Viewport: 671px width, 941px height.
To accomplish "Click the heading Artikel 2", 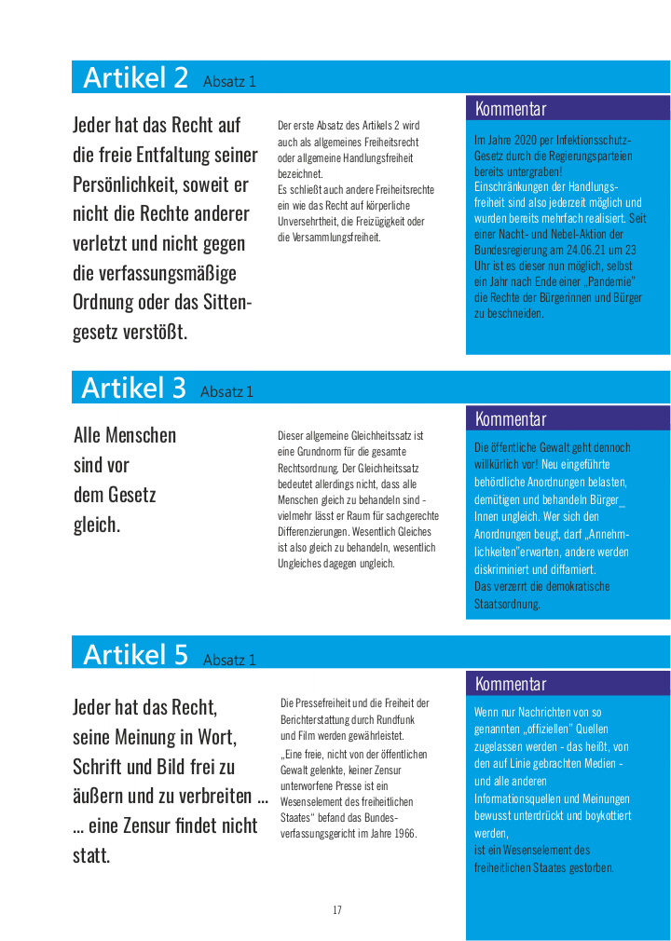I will pyautogui.click(x=135, y=77).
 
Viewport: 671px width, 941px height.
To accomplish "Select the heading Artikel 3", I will pyautogui.click(x=133, y=388).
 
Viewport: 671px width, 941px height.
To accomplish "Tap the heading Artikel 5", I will pyautogui.click(x=135, y=655).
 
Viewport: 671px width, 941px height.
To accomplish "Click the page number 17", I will pyautogui.click(x=337, y=910).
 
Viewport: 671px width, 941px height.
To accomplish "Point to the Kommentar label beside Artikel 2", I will pyautogui.click(x=511, y=109).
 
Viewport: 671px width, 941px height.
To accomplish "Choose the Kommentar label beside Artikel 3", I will pyautogui.click(x=511, y=419).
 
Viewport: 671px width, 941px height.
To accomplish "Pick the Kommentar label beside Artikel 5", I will pyautogui.click(x=511, y=684).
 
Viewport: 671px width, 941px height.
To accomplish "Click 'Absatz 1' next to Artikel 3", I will pyautogui.click(x=227, y=392).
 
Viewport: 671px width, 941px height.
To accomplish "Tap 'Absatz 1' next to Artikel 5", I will pyautogui.click(x=229, y=660).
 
